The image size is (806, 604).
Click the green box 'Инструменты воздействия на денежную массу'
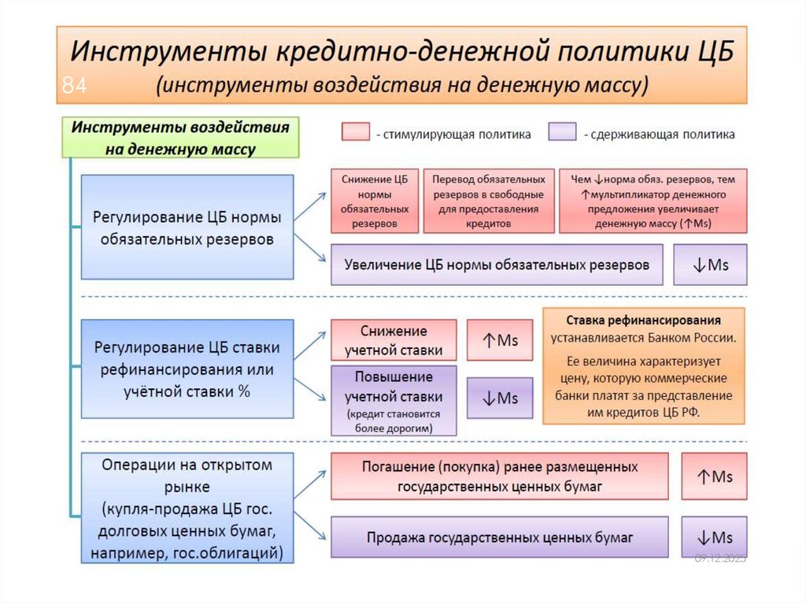tap(181, 137)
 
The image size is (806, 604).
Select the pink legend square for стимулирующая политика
tap(356, 132)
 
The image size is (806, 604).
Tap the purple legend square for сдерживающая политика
tap(562, 132)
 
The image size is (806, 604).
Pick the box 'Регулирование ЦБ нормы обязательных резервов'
tap(187, 227)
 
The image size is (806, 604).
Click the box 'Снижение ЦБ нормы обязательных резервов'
tap(375, 201)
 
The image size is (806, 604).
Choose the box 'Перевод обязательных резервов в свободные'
tap(489, 201)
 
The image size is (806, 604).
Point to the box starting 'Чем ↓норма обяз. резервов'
tap(653, 201)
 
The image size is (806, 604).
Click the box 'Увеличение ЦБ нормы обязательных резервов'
tap(497, 265)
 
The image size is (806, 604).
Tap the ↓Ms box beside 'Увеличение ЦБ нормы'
tap(710, 265)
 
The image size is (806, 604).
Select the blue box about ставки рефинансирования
tap(187, 369)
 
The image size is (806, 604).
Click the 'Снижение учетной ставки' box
tap(394, 340)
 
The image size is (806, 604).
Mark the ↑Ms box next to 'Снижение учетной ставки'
tap(500, 340)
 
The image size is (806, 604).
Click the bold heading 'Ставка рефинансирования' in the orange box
tap(643, 321)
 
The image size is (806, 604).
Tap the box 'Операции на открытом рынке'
tap(187, 508)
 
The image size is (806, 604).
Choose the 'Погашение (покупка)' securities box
tap(500, 476)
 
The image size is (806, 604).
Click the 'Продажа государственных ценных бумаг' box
tap(500, 538)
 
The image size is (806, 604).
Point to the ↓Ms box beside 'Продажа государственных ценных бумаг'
tap(714, 538)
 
